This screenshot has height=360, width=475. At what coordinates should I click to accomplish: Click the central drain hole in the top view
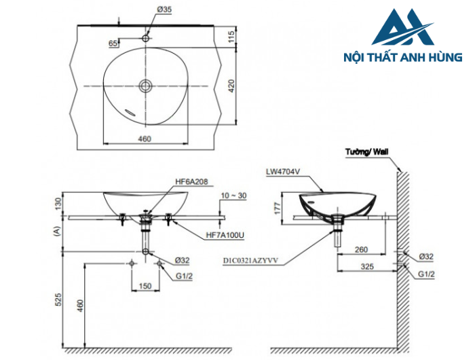[145, 86]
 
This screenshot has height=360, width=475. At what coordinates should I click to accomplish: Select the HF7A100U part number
[224, 235]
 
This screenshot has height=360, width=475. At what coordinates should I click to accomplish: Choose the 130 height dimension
[59, 202]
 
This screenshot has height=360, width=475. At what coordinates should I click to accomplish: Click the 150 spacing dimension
[145, 286]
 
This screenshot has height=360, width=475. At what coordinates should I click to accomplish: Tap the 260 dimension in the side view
[361, 249]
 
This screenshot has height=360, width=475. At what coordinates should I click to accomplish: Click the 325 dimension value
[367, 267]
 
